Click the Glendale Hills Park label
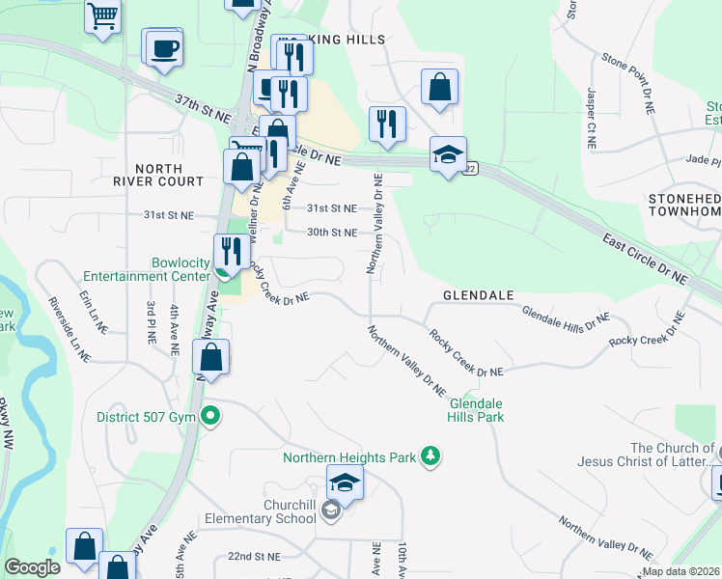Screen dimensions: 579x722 pyautogui.click(x=476, y=410)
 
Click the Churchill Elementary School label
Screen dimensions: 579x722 pyautogui.click(x=263, y=511)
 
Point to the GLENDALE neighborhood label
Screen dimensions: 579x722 pyautogui.click(x=478, y=294)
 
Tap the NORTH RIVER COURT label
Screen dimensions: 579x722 pyautogui.click(x=157, y=174)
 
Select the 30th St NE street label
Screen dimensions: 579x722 pyautogui.click(x=332, y=233)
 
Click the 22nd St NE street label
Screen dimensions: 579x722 pyautogui.click(x=254, y=557)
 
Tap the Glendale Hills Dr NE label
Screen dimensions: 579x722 pyautogui.click(x=566, y=318)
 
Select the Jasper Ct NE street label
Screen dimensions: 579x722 pyautogui.click(x=591, y=120)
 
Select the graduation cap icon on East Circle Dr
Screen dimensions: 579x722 pyautogui.click(x=448, y=154)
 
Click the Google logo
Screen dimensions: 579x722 pyautogui.click(x=32, y=568)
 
